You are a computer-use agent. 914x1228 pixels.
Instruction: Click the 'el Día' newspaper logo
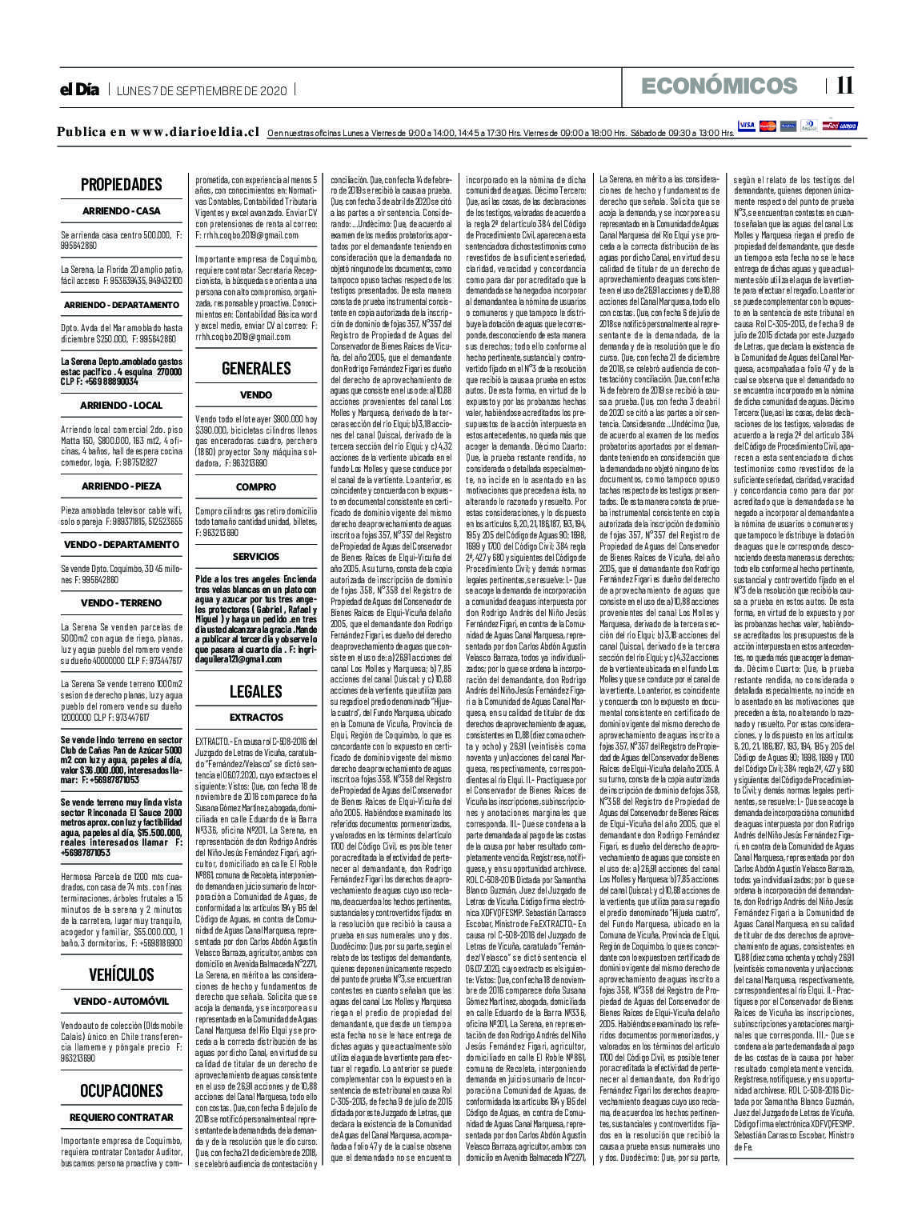pyautogui.click(x=78, y=90)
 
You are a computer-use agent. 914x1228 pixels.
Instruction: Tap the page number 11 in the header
pyautogui.click(x=844, y=86)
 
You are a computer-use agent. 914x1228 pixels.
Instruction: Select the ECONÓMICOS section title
pyautogui.click(x=720, y=86)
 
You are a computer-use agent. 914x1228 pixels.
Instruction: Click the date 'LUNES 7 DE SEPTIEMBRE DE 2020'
pyautogui.click(x=202, y=90)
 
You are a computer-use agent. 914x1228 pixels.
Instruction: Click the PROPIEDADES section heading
pyautogui.click(x=122, y=185)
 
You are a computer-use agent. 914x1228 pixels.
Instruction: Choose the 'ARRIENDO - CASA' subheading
pyautogui.click(x=122, y=211)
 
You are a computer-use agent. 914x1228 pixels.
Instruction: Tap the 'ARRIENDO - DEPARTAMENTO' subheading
pyautogui.click(x=122, y=306)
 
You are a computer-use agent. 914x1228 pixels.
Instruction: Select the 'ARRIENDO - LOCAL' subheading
pyautogui.click(x=122, y=406)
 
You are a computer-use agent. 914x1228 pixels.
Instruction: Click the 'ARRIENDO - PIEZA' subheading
pyautogui.click(x=122, y=486)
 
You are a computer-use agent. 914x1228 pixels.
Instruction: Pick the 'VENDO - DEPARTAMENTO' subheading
pyautogui.click(x=122, y=545)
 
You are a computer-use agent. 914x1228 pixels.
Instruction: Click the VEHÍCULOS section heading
pyautogui.click(x=122, y=974)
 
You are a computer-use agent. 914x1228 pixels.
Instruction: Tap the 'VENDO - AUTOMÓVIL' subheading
pyautogui.click(x=122, y=1002)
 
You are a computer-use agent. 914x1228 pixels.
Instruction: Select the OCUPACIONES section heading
pyautogui.click(x=122, y=1090)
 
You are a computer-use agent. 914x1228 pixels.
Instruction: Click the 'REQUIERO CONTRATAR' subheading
pyautogui.click(x=122, y=1118)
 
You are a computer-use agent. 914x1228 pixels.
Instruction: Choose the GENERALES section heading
pyautogui.click(x=256, y=369)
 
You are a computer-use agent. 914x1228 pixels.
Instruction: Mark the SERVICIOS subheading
pyautogui.click(x=256, y=556)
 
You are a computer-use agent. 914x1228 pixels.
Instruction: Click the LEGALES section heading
pyautogui.click(x=256, y=691)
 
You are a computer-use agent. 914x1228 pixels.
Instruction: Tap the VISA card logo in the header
pyautogui.click(x=747, y=126)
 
